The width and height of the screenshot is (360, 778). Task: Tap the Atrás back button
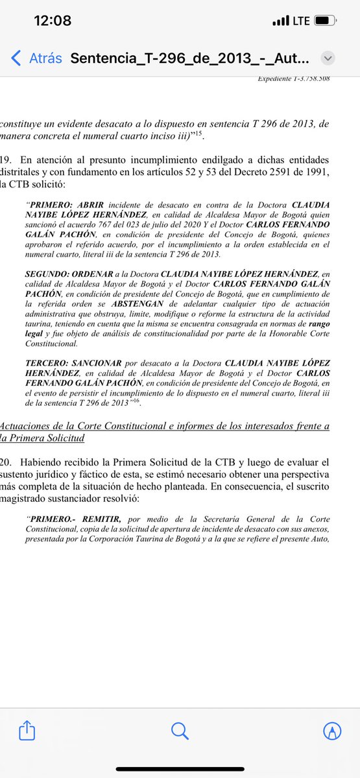[37, 58]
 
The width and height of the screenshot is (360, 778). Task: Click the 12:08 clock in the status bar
[53, 21]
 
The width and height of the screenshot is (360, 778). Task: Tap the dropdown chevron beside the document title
[329, 58]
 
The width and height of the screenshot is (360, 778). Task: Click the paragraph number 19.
[7, 159]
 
